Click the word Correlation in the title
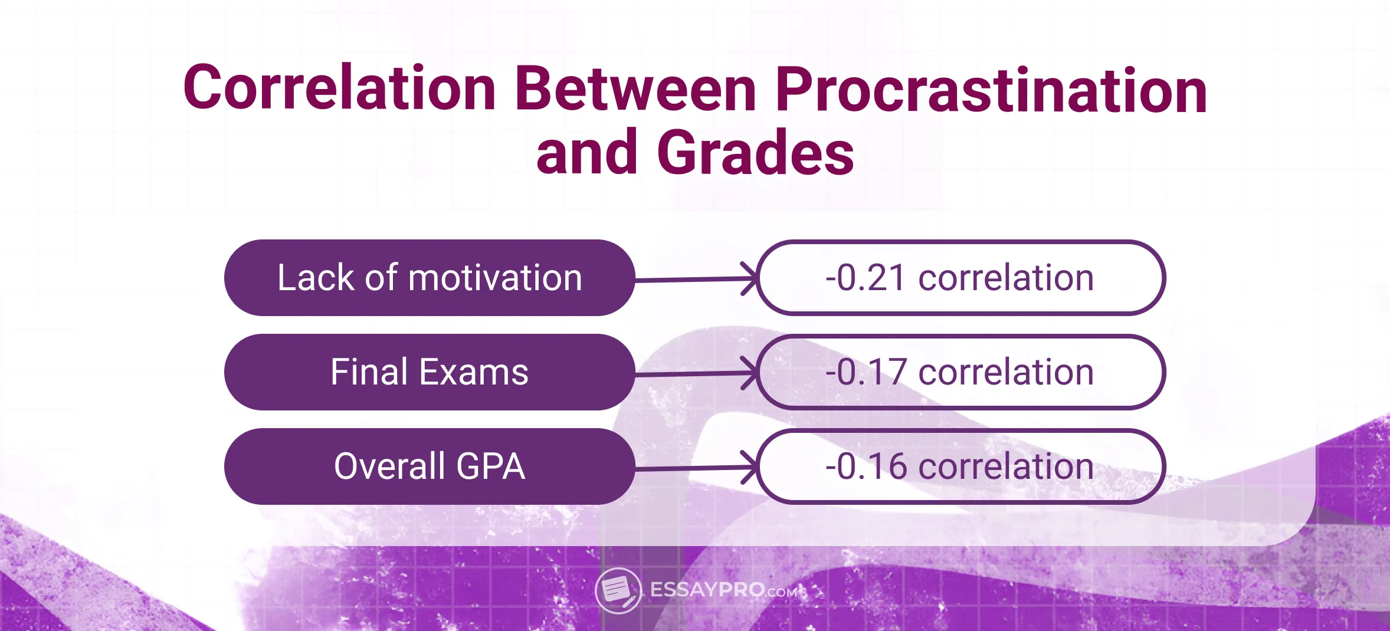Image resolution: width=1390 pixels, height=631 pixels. point(339,88)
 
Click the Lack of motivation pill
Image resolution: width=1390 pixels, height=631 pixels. point(430,278)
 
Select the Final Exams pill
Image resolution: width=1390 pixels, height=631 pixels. point(430,372)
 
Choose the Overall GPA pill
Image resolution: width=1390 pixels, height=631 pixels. point(430,466)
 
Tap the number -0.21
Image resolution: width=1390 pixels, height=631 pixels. point(865,278)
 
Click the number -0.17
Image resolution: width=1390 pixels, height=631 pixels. point(865,372)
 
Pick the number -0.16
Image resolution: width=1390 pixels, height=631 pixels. point(865,466)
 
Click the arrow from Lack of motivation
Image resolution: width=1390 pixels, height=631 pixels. point(696,279)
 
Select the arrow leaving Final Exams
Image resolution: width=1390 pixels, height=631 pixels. point(696,373)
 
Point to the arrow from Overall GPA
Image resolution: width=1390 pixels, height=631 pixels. point(696,468)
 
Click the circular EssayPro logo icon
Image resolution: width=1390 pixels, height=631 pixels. point(618,590)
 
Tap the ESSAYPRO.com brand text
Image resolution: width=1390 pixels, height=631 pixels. point(723,590)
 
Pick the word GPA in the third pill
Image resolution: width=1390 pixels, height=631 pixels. point(490,466)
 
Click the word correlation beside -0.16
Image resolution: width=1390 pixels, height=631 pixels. point(1006,466)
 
